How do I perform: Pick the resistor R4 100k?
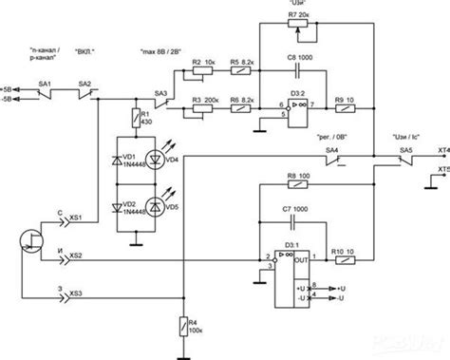pos(183,329)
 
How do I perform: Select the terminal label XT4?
pos(441,150)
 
